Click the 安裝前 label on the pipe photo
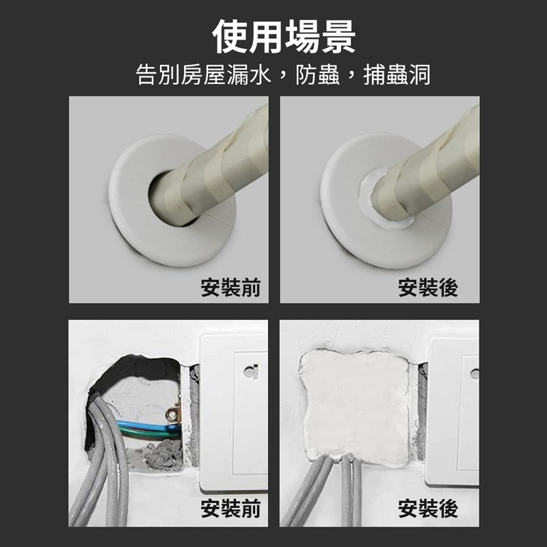coord(230,288)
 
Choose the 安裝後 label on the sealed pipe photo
coord(428,288)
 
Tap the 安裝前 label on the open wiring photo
coord(230,509)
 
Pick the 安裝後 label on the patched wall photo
coord(428,509)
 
